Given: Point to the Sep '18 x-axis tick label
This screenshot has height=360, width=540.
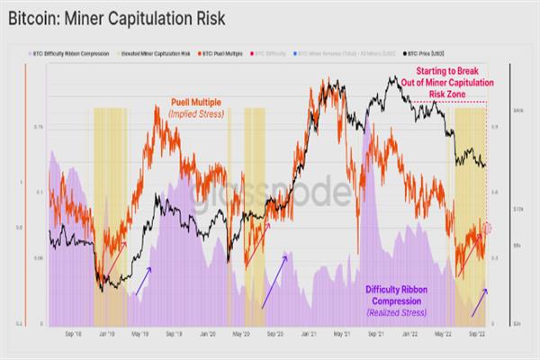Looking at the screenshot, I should (x=74, y=332).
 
